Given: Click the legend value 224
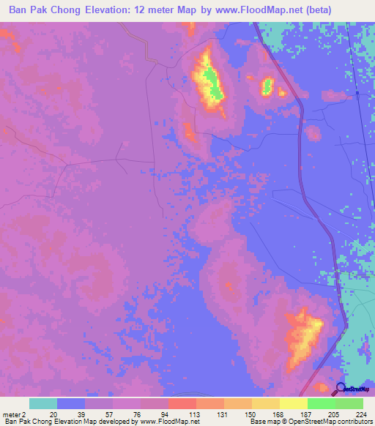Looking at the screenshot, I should click(363, 414).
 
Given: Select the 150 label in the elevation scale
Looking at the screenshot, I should click(250, 414).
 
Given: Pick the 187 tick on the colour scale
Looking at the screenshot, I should click(307, 414).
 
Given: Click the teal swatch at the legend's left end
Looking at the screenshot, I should click(43, 403).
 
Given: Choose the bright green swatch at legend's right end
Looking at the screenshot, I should click(349, 403).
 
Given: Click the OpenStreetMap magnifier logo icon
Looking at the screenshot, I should click(341, 389).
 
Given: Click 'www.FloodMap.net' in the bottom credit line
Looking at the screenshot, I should click(170, 422).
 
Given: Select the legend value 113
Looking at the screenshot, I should click(195, 414).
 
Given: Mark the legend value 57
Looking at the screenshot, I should click(112, 414).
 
